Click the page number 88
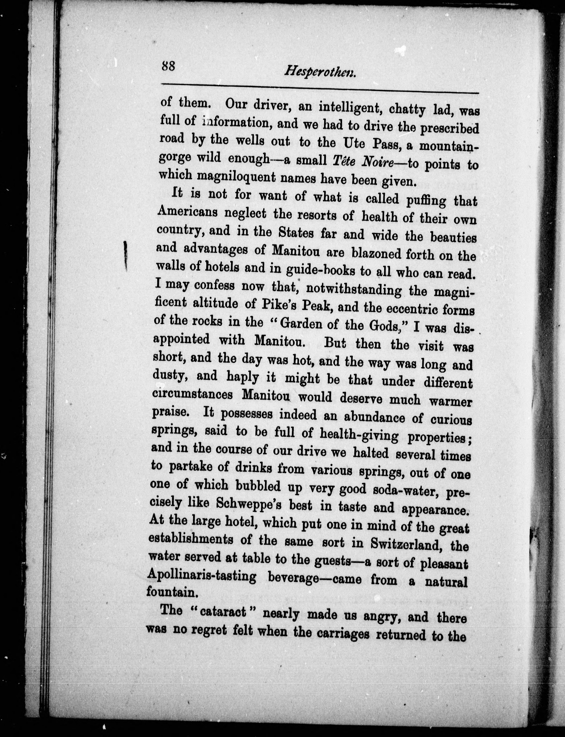point(168,66)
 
